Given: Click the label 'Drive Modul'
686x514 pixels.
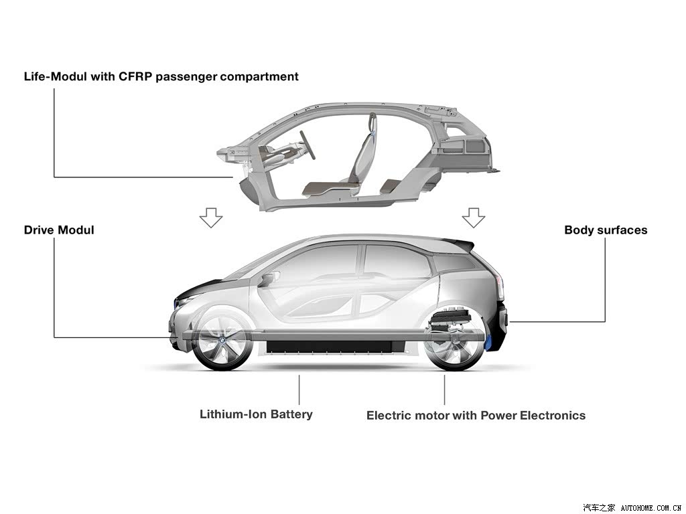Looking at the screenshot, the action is point(59,230).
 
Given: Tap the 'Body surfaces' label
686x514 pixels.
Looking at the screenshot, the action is point(606,230).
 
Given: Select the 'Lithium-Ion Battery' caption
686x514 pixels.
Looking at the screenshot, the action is point(256,414).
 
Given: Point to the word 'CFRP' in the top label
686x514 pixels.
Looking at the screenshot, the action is point(135,76).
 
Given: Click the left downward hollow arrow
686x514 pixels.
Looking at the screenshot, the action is point(211,218).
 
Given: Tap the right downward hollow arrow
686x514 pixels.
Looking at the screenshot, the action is point(474,218).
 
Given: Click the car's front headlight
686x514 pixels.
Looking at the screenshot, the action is point(183,301).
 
